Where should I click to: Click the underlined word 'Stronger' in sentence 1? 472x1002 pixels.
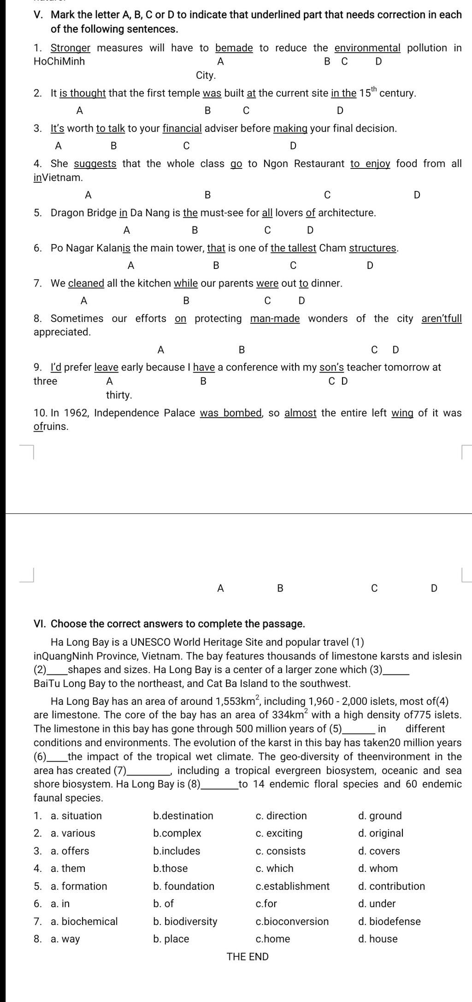tap(70, 48)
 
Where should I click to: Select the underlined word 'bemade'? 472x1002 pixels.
tap(234, 48)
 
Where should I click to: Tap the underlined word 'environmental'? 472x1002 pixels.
tap(367, 48)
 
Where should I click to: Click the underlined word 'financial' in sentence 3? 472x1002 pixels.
tap(182, 128)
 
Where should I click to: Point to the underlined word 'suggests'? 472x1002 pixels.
tap(95, 164)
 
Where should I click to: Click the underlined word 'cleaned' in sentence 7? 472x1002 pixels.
tap(86, 283)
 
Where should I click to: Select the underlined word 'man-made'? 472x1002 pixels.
tap(275, 319)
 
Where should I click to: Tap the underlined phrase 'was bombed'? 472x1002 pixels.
tap(231, 413)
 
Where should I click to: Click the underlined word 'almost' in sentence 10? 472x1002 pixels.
tap(301, 413)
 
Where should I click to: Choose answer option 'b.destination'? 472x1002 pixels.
tap(183, 816)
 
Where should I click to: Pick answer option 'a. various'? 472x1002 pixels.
tap(73, 833)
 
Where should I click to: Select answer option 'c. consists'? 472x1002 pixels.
tap(280, 851)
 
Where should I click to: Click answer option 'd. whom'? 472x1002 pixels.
tap(378, 868)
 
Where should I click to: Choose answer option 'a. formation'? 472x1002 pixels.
tap(78, 886)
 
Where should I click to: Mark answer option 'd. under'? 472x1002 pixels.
tap(377, 903)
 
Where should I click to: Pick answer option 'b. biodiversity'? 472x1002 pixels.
tap(185, 921)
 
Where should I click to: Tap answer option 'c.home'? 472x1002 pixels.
tap(272, 939)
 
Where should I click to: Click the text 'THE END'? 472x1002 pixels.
tap(248, 957)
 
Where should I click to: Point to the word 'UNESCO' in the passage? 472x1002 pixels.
tap(151, 642)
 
